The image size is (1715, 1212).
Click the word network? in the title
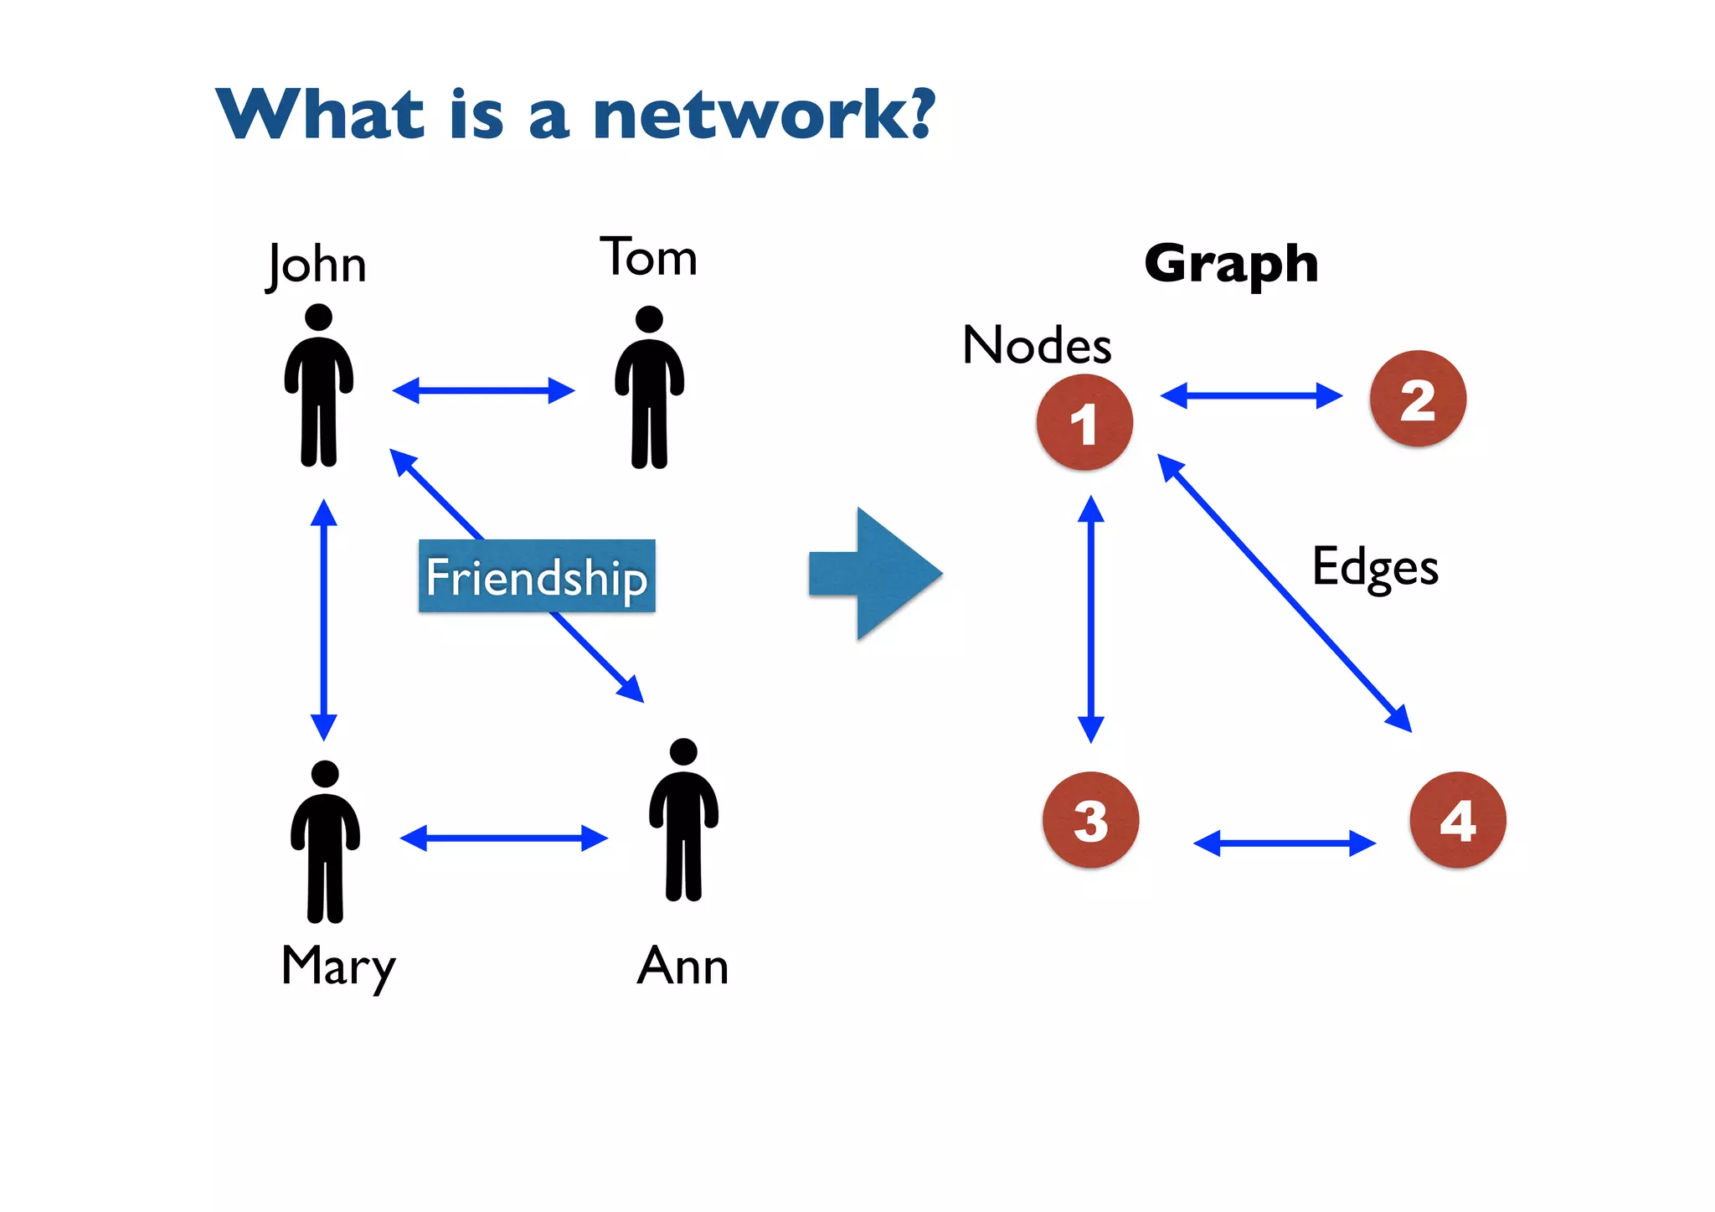pos(763,115)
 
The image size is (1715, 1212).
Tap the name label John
pos(317,265)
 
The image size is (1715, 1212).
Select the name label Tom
pos(648,257)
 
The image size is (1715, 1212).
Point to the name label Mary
pos(338,967)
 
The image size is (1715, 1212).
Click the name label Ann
pos(682,967)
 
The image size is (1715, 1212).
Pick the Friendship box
pos(537,576)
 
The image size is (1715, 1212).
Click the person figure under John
pos(319,385)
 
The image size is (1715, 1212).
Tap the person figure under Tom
pos(650,387)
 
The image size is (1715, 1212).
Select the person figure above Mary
pos(325,841)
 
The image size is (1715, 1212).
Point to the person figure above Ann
pos(684,819)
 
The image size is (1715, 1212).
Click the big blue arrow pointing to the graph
pos(876,575)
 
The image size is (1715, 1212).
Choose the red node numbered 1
pos(1084,423)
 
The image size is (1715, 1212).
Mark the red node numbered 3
pos(1090,820)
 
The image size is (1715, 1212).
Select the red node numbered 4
pos(1458,820)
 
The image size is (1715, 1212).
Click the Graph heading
pos(1231,264)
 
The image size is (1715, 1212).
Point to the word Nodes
pos(1037,345)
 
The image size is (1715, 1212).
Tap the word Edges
pos(1375,567)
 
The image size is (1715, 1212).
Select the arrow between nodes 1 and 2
pos(1251,395)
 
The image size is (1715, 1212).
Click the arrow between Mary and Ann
pos(504,838)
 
